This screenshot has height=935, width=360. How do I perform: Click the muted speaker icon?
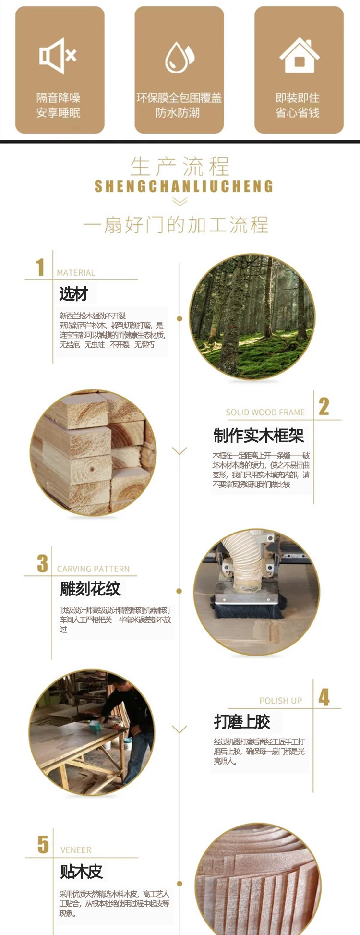58,56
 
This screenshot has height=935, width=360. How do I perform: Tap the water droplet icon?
180,57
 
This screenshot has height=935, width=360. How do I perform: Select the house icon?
299,55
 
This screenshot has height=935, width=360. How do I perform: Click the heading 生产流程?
180,167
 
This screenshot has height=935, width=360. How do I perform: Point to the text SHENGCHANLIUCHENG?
183,186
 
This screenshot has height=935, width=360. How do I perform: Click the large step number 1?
40,267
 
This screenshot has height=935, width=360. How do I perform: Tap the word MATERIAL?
76,273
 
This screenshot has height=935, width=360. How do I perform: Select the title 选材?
73,293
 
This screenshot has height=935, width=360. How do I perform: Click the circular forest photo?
252,317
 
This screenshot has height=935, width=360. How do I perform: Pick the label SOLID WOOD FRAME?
265,413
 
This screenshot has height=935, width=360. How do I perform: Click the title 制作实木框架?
259,436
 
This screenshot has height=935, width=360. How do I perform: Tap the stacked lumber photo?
93,453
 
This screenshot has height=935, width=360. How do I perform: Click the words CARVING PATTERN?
93,569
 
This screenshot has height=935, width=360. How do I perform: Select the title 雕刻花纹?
90,589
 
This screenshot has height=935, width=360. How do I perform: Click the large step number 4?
324,698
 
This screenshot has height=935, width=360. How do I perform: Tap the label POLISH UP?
281,701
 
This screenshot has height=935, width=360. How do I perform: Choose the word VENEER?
76,850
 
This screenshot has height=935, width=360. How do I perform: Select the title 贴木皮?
81,871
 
